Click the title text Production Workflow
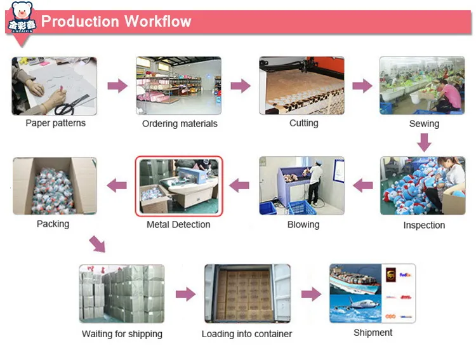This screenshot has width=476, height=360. [x=116, y=22]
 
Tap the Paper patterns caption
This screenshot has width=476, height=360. [x=55, y=123]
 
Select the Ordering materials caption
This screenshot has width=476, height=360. [x=180, y=124]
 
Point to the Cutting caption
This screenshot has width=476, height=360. [x=303, y=123]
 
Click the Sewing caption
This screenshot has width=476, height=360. [x=424, y=124]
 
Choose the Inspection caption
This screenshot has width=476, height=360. [x=424, y=225]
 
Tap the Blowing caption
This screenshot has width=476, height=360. [x=303, y=225]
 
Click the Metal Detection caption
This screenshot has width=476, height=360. [x=178, y=225]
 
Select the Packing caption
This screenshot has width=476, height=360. [x=53, y=224]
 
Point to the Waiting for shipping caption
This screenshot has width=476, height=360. [x=122, y=334]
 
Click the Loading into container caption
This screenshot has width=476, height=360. [x=247, y=334]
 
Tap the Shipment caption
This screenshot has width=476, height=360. [x=373, y=333]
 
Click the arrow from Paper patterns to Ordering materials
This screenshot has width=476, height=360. [x=117, y=86]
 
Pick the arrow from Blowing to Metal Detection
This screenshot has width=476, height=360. [x=239, y=185]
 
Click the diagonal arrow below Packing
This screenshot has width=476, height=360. [x=96, y=244]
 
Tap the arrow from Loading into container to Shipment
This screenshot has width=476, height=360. [x=310, y=294]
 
